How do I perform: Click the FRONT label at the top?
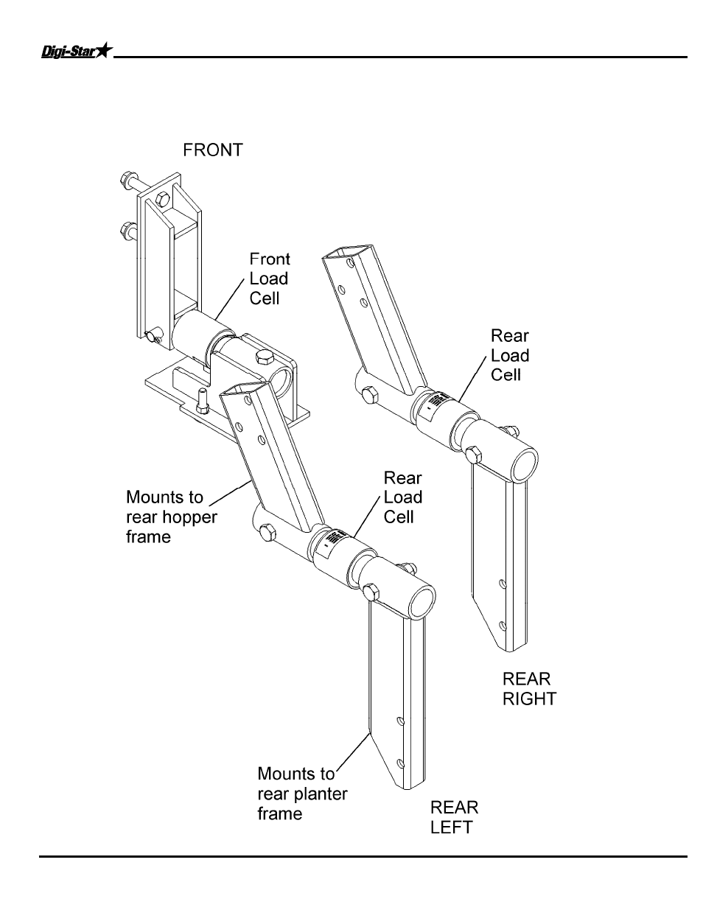212,150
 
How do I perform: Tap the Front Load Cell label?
269,279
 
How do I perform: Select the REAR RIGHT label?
529,688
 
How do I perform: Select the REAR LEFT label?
454,817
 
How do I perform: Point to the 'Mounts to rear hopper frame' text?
172,517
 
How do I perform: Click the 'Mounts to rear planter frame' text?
302,794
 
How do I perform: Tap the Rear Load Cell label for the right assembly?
510,355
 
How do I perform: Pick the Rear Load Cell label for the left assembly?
402,497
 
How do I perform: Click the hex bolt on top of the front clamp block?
263,358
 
